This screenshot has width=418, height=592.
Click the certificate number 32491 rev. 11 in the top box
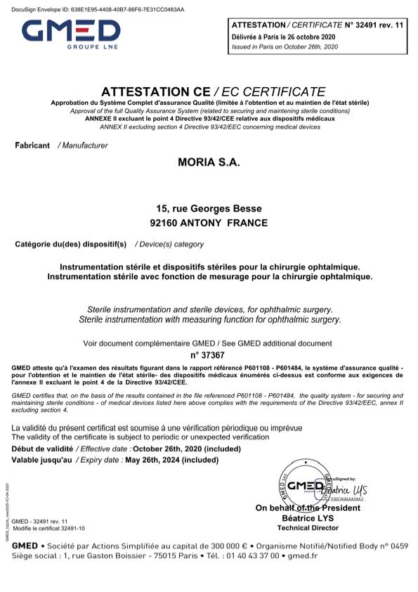(x=370, y=25)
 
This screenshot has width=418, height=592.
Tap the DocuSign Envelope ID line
(x=93, y=10)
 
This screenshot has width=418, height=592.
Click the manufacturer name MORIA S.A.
(x=209, y=163)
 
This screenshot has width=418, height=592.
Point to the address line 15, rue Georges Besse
(x=209, y=209)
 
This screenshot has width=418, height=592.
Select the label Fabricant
(x=32, y=146)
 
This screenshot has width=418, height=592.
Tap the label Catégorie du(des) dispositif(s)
(x=70, y=245)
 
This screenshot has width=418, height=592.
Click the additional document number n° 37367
(x=209, y=356)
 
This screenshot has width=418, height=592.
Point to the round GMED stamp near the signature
(x=303, y=485)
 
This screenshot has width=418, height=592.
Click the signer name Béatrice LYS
(x=308, y=517)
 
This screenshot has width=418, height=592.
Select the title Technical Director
(x=308, y=527)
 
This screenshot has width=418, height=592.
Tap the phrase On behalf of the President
(x=308, y=508)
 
